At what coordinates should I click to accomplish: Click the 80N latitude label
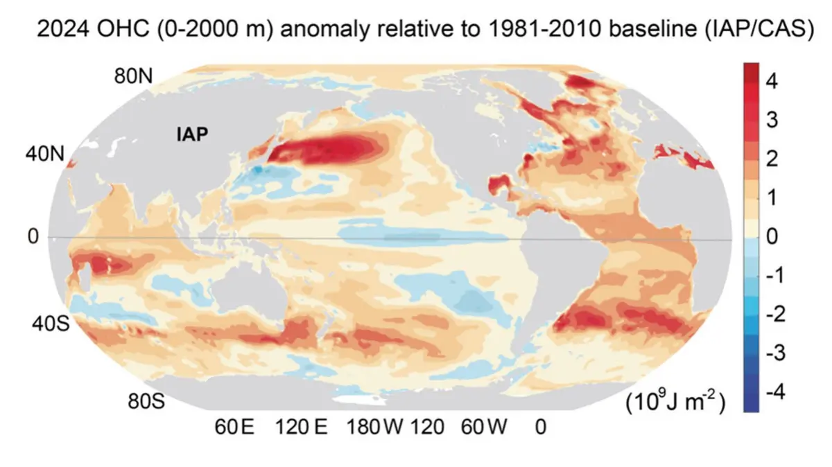coord(133,76)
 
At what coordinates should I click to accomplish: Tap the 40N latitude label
coord(45,153)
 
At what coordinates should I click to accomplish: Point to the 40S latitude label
coord(51,324)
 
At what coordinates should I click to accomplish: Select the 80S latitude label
coord(146,401)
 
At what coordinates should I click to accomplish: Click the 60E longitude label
coord(234,427)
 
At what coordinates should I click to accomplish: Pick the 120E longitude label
coord(301,427)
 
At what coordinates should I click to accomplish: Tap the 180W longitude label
coord(374,427)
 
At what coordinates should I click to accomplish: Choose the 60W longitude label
coord(484,427)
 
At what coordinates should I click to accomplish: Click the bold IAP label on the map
coord(192,134)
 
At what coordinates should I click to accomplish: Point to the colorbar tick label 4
coord(772,81)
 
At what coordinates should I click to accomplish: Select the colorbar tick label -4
coord(776,391)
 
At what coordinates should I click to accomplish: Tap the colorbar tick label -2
coord(776,314)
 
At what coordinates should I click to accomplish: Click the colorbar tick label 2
coord(772,159)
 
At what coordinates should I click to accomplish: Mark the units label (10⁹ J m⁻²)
coord(675,402)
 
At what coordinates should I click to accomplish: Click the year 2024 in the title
coord(63,28)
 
